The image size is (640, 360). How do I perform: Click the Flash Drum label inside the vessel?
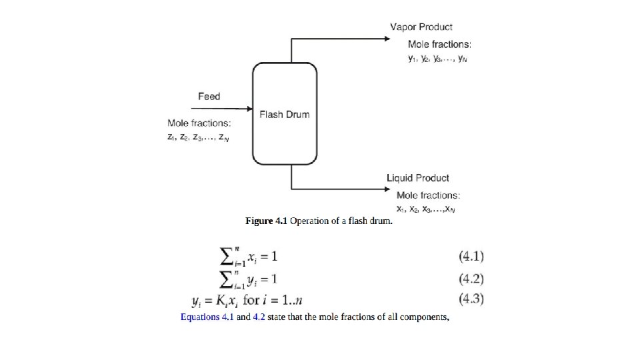pyautogui.click(x=284, y=114)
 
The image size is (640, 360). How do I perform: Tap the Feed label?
pyautogui.click(x=209, y=97)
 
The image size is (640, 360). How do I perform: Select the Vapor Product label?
pyautogui.click(x=421, y=27)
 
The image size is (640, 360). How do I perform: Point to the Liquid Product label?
pyautogui.click(x=417, y=178)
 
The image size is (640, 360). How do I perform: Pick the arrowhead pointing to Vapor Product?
pyautogui.click(x=386, y=39)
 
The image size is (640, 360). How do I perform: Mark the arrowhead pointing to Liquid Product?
pyautogui.click(x=386, y=189)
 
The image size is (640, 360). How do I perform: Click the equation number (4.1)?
pyautogui.click(x=471, y=256)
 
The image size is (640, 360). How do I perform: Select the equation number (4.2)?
pyautogui.click(x=471, y=279)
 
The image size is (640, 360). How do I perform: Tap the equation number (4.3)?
pyautogui.click(x=471, y=299)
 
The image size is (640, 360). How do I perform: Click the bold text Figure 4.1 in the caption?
pyautogui.click(x=266, y=221)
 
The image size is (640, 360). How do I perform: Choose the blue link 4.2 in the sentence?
pyautogui.click(x=259, y=317)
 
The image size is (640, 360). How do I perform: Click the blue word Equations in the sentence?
pyautogui.click(x=200, y=317)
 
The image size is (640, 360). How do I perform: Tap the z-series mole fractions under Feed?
pyautogui.click(x=199, y=137)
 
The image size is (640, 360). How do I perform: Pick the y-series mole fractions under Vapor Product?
pyautogui.click(x=437, y=59)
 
